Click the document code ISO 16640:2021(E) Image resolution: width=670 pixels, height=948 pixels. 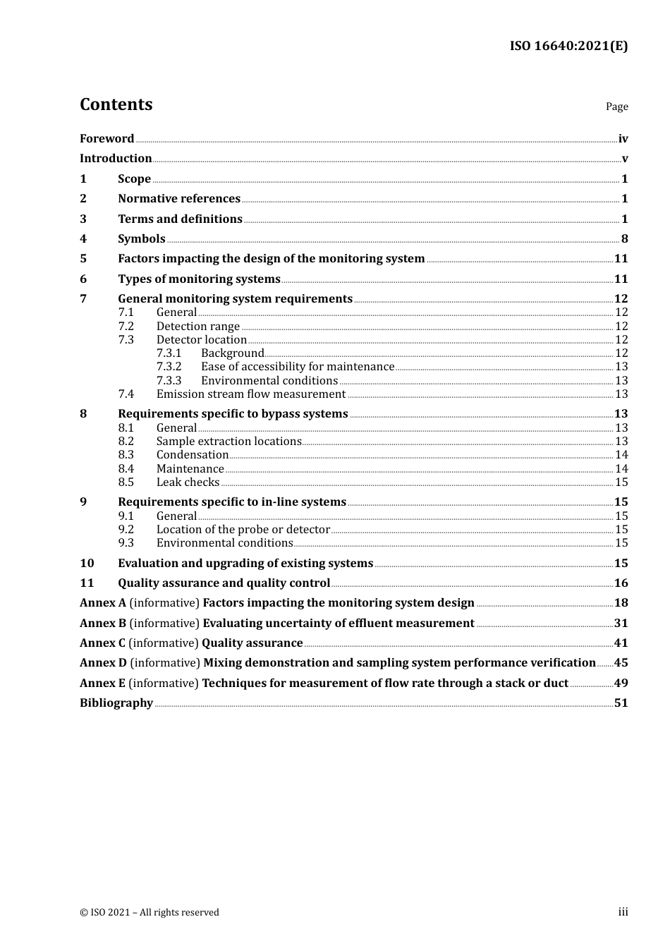568,46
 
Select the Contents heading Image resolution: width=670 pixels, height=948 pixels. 116,104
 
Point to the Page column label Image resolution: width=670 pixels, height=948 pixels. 616,107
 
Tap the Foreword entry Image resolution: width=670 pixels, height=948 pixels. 106,138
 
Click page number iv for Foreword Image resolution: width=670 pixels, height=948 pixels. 623,139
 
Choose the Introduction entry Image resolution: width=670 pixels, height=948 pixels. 116,158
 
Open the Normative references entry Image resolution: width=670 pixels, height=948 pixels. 179,198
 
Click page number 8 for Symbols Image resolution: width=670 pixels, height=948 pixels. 624,238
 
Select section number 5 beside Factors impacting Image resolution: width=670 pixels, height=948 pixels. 83,258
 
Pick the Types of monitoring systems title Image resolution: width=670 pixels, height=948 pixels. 199,279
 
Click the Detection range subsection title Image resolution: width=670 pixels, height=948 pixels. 198,326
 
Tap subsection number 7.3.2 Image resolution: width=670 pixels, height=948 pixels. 169,366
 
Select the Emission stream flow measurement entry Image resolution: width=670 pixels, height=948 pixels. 251,394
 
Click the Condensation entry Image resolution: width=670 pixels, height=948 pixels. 193,454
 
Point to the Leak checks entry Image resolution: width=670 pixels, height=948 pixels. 188,482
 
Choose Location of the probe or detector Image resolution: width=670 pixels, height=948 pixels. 243,529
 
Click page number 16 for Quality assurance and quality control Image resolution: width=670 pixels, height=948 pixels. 621,583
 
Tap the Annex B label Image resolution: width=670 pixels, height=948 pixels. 103,623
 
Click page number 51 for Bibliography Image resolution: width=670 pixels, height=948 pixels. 621,703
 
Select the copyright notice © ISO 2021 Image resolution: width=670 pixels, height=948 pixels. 150,912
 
